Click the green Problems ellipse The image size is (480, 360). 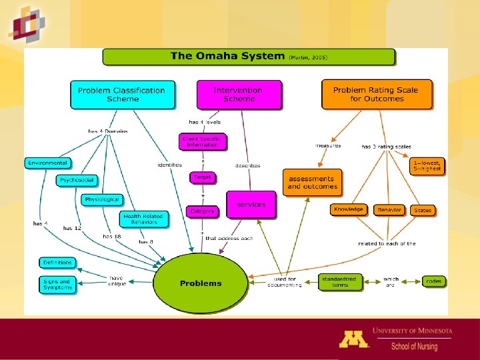pos(201,283)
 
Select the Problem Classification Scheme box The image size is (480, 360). pos(123,95)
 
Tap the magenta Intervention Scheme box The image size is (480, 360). pos(239,95)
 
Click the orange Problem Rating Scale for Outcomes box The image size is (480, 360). pos(377,95)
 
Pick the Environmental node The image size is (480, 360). pos(47,163)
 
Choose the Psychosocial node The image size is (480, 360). pos(77,180)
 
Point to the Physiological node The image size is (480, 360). pos(102,199)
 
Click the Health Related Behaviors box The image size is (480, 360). pos(142,218)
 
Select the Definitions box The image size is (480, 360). pos(57,263)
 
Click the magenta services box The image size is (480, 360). pos(251,205)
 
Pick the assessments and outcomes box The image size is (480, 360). pos(312,183)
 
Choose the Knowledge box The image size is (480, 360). pos(349,209)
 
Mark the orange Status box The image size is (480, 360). pos(423,210)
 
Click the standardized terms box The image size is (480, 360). pos(340,282)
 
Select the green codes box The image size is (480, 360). pos(433,281)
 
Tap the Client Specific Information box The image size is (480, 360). pos(202,142)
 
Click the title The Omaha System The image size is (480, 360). pos(227,56)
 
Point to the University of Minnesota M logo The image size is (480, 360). pos(353,338)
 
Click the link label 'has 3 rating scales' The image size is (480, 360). pos(387,147)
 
